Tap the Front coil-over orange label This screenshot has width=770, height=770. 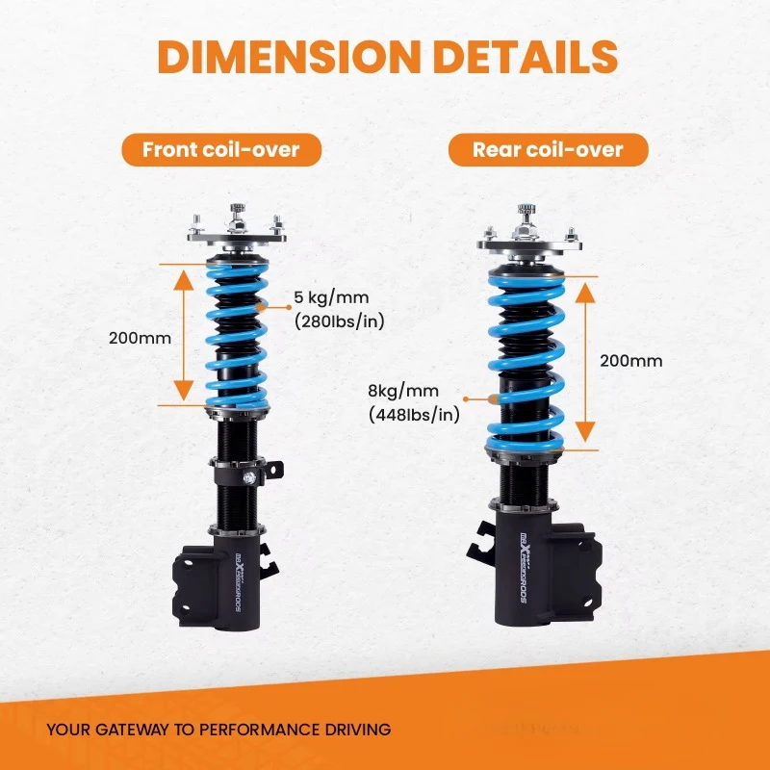(x=220, y=149)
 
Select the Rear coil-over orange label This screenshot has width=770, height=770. (x=548, y=149)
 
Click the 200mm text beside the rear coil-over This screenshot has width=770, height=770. (x=630, y=361)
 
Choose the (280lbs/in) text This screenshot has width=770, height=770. (x=338, y=322)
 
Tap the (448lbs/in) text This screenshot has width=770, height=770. (x=414, y=415)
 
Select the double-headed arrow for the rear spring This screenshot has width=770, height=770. (x=583, y=362)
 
